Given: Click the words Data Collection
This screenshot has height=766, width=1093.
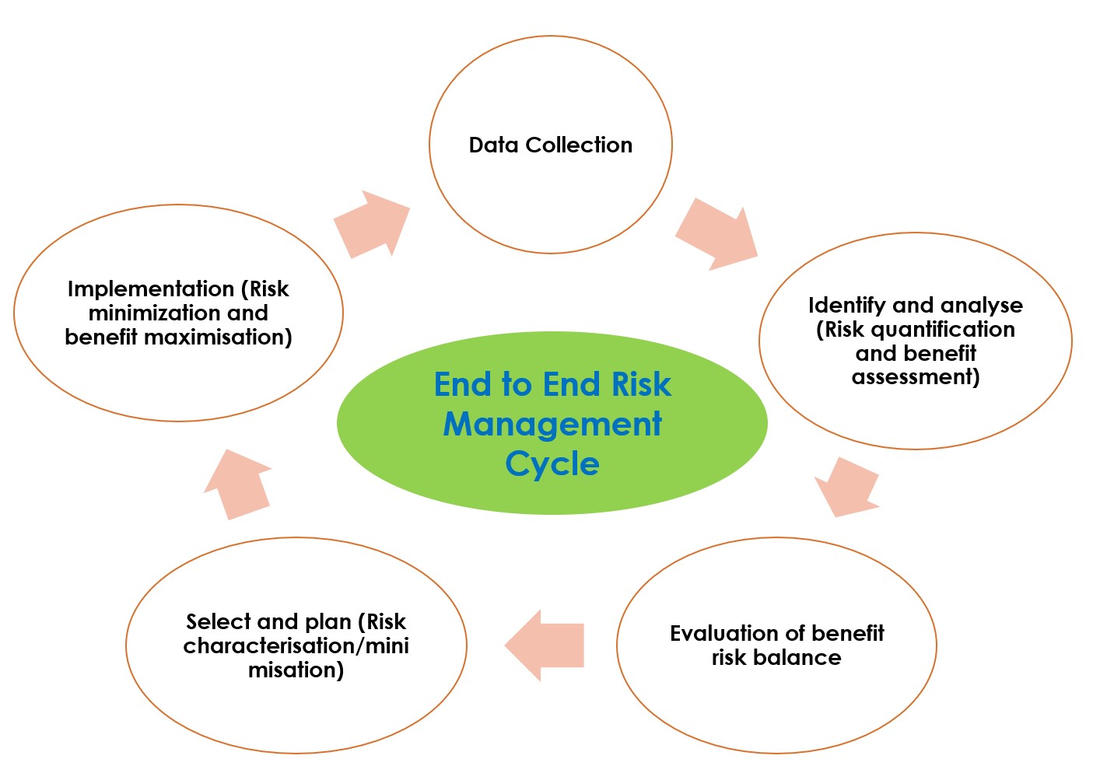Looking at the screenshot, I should (550, 145).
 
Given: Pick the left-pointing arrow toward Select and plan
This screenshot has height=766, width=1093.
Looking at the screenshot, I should (545, 645).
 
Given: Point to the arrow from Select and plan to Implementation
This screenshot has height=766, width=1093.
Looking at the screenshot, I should (237, 484).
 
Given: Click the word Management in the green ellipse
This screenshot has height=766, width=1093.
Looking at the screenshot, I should (552, 425).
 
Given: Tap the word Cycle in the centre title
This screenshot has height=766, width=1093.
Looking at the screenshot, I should (552, 464).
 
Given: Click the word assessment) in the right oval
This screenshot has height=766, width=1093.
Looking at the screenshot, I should (916, 377).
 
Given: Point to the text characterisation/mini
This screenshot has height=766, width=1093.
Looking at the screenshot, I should (296, 645).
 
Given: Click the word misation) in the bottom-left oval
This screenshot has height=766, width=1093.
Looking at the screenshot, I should (296, 670).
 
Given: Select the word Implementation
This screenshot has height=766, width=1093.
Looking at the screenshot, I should (151, 289).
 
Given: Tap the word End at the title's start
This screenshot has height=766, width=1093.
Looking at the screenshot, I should (463, 385).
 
